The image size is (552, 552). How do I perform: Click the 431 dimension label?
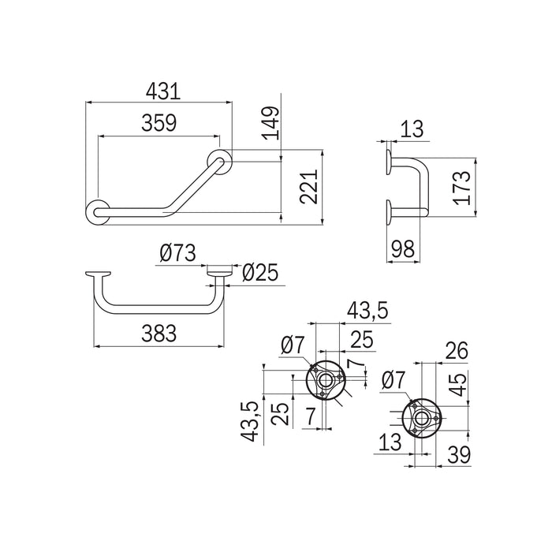point(163,91)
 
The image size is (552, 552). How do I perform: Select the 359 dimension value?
point(159,123)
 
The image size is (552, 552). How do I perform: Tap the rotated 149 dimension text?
point(272,122)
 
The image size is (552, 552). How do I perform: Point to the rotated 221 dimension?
point(309,187)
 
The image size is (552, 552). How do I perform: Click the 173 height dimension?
point(462,188)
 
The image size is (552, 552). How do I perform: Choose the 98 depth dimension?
point(404,249)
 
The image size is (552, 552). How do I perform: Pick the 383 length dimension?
point(159,334)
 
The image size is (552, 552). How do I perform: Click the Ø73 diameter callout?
point(177,253)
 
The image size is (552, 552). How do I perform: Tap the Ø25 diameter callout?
point(260,273)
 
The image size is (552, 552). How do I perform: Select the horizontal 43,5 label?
point(367,311)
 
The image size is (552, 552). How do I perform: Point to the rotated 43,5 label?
point(250,422)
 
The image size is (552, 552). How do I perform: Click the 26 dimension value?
point(457,350)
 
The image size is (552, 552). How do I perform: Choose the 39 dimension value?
point(459,454)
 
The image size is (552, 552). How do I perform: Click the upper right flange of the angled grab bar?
point(220,162)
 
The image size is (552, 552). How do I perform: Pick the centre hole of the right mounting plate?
point(420,418)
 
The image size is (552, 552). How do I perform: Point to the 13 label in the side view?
point(412,129)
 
